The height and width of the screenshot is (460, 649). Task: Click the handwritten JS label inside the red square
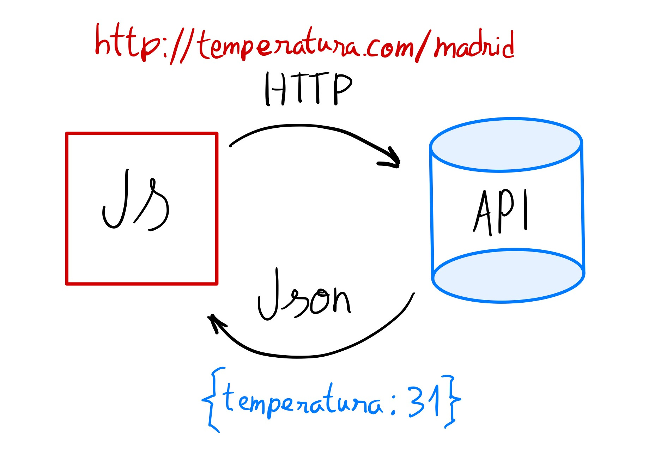pyautogui.click(x=136, y=201)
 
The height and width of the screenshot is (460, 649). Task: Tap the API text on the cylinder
pyautogui.click(x=501, y=212)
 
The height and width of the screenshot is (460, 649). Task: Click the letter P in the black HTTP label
pyautogui.click(x=341, y=88)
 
